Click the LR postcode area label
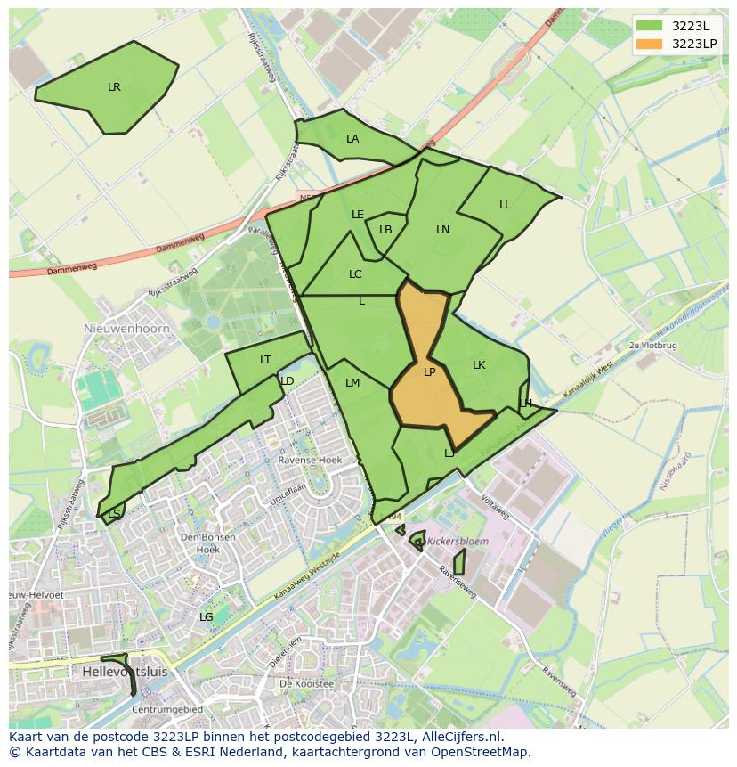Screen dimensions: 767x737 click(114, 87)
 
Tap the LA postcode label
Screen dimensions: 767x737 click(352, 139)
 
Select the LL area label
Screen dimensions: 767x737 click(505, 205)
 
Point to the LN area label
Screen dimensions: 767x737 click(442, 230)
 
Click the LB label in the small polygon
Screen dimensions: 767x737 click(385, 230)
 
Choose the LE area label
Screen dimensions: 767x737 click(358, 215)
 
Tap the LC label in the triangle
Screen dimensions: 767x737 click(355, 274)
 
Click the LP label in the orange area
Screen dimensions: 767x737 click(429, 372)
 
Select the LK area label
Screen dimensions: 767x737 click(479, 365)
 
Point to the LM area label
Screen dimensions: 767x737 click(352, 383)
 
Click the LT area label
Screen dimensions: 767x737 click(265, 360)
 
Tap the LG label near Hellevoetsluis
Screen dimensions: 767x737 click(206, 616)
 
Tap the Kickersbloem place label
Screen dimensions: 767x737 click(458, 541)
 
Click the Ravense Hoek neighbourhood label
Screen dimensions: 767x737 click(310, 461)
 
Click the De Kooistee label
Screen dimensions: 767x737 click(305, 684)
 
